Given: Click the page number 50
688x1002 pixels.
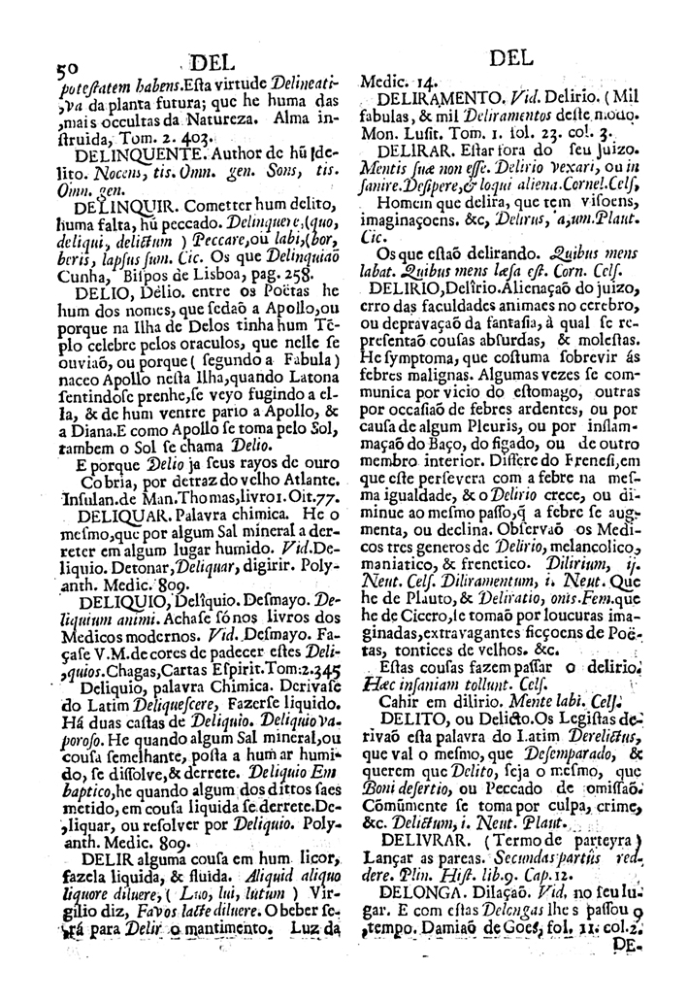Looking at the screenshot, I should click(x=66, y=69).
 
